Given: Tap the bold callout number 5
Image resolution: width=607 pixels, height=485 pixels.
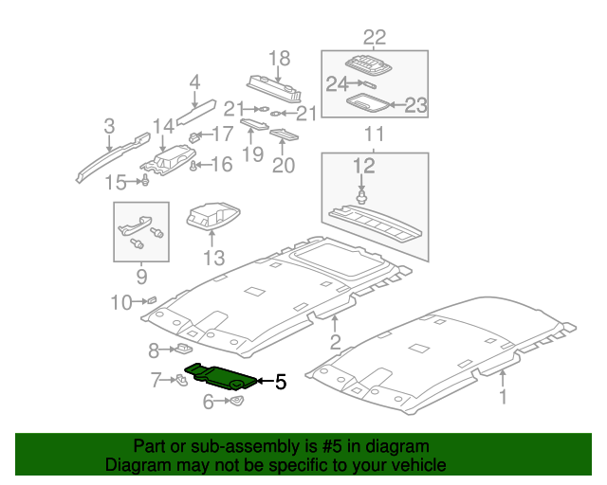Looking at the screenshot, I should coord(280,383).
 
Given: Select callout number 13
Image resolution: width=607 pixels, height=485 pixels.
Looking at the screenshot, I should coord(213,258).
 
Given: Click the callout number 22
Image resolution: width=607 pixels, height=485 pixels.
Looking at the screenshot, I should coord(375,38).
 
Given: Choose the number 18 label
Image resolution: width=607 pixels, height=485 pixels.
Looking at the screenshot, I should coord(279,59).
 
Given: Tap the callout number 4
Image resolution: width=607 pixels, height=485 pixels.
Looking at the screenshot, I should coord(194,83).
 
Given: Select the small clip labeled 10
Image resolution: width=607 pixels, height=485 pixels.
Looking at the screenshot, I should coord(150,300).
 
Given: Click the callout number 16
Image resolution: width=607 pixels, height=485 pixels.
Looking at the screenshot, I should coord(221,166).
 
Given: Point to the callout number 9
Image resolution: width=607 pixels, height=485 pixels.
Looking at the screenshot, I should coord(141,277).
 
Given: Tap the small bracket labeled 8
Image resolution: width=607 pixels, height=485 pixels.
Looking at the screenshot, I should coord(184,350).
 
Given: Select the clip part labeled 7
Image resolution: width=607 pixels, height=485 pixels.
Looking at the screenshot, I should coord(179,381).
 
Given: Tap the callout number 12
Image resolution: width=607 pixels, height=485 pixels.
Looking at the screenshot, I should coord(364,166).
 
